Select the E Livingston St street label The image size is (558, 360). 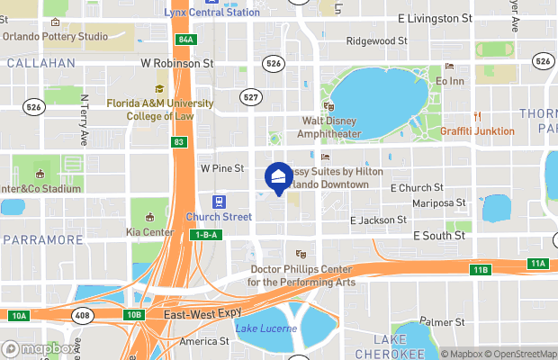(x=434, y=18)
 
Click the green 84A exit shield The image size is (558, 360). (x=185, y=40)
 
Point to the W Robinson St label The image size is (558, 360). (x=176, y=64)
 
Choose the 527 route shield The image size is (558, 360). (x=252, y=96)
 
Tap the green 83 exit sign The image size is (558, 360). (x=179, y=142)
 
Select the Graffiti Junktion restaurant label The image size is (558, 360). (x=477, y=130)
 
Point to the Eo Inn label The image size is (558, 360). (x=449, y=81)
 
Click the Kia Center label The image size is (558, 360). (x=151, y=232)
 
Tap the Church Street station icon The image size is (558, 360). (x=218, y=202)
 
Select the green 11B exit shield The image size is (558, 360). (x=480, y=270)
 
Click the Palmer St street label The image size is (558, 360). (x=442, y=321)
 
